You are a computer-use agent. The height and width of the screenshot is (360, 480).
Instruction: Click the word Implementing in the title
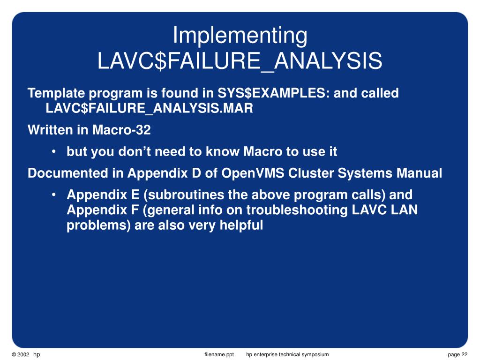[240, 36]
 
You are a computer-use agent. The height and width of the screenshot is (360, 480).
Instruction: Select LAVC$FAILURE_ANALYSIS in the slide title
[240, 61]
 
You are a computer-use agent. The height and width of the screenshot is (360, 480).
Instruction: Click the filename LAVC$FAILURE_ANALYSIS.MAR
[149, 109]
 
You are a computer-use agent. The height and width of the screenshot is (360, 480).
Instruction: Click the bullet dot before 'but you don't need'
[55, 152]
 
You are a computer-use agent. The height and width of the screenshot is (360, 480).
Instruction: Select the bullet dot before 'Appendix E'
[55, 195]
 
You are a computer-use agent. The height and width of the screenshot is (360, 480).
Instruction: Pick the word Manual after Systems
[420, 173]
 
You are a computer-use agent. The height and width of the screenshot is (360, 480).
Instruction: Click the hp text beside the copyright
[37, 355]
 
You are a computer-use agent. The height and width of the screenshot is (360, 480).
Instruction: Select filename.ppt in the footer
[219, 355]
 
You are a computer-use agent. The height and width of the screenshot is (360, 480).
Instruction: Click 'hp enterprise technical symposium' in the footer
[287, 355]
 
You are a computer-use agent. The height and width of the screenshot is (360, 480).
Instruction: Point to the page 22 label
[457, 355]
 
